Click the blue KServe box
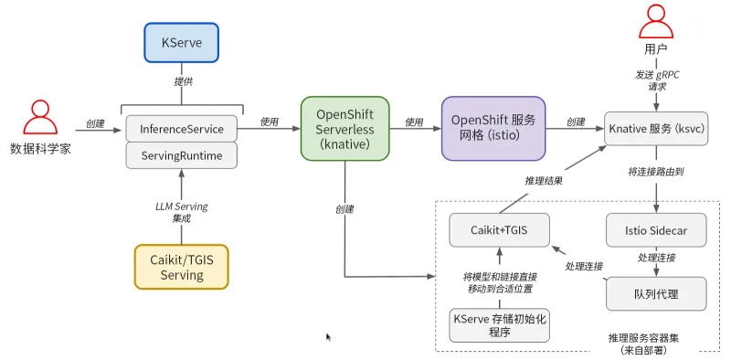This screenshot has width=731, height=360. click(x=181, y=43)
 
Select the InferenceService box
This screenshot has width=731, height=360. click(x=181, y=129)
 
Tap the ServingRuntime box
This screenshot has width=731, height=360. click(x=181, y=155)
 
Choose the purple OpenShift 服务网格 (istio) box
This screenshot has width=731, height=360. click(x=493, y=129)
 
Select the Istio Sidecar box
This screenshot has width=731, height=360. click(x=657, y=229)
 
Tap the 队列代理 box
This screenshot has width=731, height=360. click(x=657, y=293)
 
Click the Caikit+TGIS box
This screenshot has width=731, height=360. click(x=500, y=229)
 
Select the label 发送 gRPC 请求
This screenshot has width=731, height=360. click(x=657, y=80)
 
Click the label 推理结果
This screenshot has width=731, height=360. click(x=543, y=180)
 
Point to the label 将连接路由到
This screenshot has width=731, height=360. click(x=657, y=172)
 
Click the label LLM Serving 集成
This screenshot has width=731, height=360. click(x=182, y=212)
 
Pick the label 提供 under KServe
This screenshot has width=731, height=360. click(x=182, y=80)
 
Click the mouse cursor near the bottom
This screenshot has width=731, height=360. click(x=328, y=337)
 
